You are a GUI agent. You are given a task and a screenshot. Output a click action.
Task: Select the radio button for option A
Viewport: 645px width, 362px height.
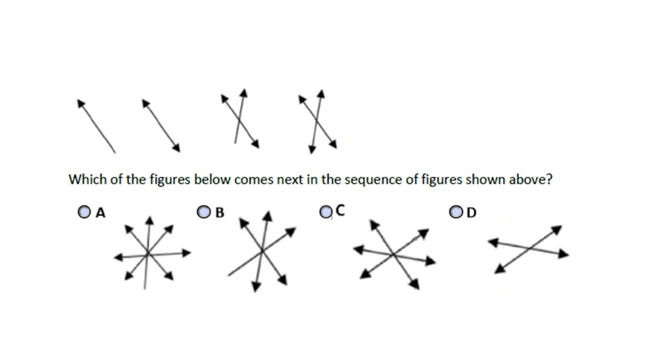click(83, 211)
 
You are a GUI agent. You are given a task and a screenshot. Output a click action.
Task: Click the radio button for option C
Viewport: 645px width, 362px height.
click(326, 211)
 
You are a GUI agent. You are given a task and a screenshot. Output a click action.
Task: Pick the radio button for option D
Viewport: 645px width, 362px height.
click(456, 211)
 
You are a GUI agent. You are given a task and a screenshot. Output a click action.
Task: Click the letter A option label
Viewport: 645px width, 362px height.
click(100, 212)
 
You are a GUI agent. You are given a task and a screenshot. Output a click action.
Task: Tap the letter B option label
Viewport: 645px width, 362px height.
click(220, 212)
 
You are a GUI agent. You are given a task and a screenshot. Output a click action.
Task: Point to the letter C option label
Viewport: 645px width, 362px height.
click(341, 210)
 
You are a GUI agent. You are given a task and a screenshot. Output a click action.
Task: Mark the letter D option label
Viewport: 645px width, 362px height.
click(471, 212)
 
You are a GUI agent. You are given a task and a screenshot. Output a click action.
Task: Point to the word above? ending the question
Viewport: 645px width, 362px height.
click(533, 179)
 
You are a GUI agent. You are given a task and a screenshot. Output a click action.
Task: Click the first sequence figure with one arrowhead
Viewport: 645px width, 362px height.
click(96, 126)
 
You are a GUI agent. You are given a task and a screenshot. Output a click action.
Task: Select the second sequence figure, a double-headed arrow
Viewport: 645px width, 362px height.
click(161, 126)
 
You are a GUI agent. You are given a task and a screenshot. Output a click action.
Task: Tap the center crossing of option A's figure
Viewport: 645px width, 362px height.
click(148, 254)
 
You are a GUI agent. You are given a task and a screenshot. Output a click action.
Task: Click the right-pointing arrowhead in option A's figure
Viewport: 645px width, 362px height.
click(187, 252)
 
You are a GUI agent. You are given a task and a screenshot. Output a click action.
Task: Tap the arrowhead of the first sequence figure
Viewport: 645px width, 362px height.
click(80, 103)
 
